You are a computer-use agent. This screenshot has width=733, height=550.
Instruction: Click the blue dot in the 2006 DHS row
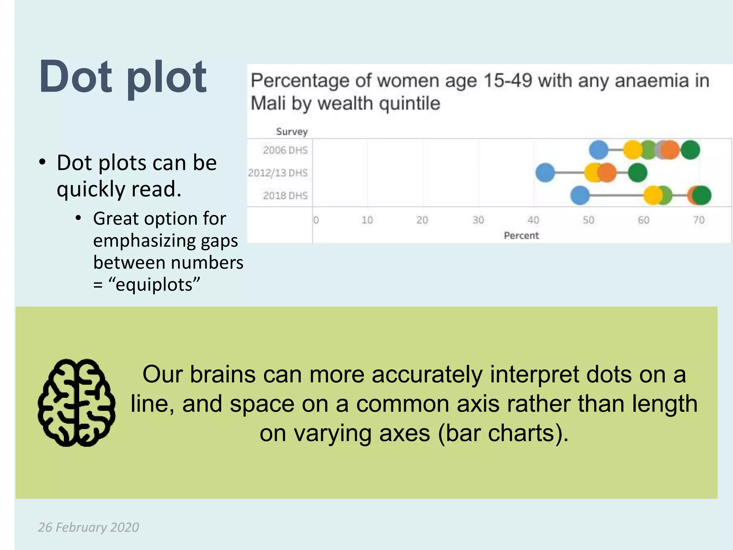[598, 150]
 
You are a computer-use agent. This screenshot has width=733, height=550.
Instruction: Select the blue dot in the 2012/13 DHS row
[545, 173]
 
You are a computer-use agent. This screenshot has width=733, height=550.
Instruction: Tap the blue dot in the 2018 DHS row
[580, 196]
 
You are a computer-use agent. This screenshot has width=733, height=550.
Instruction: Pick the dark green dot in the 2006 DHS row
[690, 150]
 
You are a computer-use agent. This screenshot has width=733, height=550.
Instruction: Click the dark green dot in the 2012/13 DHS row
[638, 173]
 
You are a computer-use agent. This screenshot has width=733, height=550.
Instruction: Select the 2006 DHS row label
[285, 150]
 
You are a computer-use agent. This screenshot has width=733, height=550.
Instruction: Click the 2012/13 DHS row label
[278, 173]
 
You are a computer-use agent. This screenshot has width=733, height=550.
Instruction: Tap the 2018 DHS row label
[285, 196]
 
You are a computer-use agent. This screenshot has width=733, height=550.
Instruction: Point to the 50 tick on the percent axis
[588, 220]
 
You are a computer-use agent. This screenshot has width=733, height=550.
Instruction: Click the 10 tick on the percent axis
[367, 220]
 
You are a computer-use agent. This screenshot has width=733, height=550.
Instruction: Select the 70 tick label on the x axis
[699, 220]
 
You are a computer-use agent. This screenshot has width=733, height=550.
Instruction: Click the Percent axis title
[521, 236]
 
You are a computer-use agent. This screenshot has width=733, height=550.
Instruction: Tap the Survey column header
[292, 132]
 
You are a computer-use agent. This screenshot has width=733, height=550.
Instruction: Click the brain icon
[76, 403]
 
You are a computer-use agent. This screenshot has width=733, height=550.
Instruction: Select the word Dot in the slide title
[76, 77]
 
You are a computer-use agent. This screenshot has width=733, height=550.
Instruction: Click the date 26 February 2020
[88, 527]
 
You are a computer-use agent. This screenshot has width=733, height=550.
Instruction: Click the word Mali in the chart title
[268, 104]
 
